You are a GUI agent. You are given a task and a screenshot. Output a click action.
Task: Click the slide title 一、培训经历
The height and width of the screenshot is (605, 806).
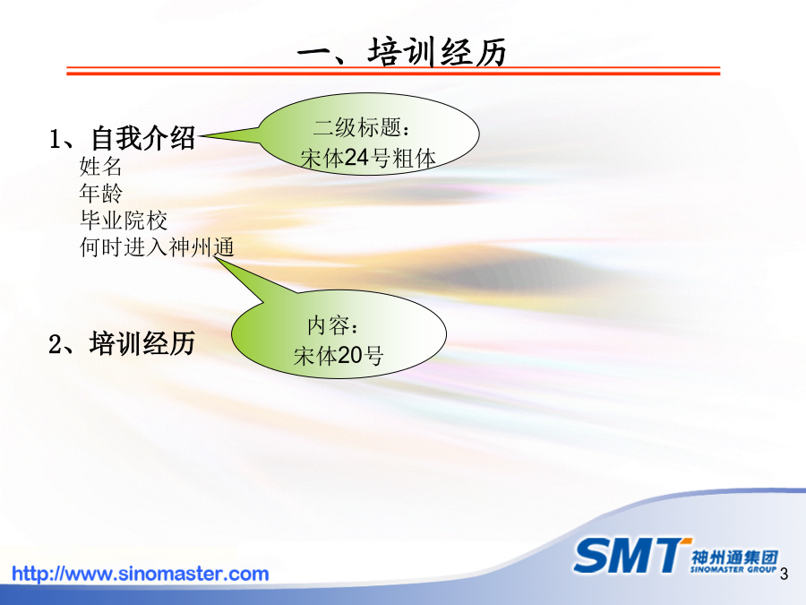click(x=402, y=53)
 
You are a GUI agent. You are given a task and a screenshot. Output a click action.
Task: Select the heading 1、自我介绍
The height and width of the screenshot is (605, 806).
click(x=123, y=138)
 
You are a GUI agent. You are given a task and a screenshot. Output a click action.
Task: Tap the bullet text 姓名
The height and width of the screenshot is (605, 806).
click(x=100, y=166)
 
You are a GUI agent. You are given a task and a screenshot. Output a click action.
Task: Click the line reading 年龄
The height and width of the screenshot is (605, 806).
click(x=100, y=194)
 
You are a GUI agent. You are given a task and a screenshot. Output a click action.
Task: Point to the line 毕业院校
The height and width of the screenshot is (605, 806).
click(x=124, y=220)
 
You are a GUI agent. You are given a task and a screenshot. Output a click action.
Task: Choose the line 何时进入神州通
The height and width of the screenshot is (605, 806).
click(x=157, y=247)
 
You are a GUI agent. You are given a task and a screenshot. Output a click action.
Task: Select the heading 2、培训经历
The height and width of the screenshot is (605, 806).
click(x=122, y=343)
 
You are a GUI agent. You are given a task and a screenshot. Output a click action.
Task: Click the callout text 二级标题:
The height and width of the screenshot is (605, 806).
click(x=362, y=127)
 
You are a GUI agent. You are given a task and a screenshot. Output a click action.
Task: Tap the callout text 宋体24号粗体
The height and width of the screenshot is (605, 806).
click(x=368, y=158)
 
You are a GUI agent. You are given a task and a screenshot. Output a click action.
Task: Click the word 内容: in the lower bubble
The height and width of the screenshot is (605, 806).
click(x=332, y=325)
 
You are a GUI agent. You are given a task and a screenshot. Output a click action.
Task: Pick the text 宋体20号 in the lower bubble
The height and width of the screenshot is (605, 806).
click(x=339, y=356)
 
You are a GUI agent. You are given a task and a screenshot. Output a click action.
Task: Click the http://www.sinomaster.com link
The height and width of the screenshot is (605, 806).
click(x=141, y=574)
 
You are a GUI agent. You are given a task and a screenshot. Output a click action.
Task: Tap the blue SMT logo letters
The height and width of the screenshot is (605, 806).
click(x=630, y=556)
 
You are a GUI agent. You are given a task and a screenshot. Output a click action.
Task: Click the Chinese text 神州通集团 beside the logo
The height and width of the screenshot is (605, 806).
click(x=734, y=558)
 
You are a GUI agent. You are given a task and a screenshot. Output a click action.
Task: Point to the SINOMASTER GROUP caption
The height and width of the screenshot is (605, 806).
click(x=733, y=569)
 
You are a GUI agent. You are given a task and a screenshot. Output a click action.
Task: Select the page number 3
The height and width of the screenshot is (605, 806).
click(x=784, y=574)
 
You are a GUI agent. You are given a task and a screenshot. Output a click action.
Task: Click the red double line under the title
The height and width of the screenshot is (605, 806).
click(x=393, y=71)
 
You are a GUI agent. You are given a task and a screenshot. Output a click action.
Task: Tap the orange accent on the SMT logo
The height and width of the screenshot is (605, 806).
click(x=686, y=540)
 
